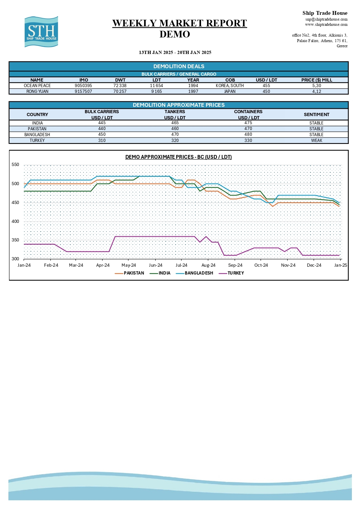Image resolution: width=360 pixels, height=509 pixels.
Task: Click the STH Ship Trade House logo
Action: pos(41,32)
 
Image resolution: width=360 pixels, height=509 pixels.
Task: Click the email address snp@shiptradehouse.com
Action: pos(326,19)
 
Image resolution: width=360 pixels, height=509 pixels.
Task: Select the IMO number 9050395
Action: pos(83,86)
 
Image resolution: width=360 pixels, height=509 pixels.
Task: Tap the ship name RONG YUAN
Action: pos(37,91)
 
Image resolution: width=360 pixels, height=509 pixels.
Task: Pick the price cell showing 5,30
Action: pos(316,86)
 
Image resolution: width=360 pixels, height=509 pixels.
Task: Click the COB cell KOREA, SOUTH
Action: pos(230,86)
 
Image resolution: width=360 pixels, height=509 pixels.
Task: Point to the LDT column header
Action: pos(157,80)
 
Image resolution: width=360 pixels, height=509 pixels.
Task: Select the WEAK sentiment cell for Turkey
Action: pos(316,140)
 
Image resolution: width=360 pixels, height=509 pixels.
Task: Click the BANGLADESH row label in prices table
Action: pos(37,135)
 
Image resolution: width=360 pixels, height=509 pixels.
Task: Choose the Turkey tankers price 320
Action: pos(175,140)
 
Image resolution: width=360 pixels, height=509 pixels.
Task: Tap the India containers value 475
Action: pos(248,123)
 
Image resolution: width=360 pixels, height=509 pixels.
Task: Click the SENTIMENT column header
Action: pos(316,115)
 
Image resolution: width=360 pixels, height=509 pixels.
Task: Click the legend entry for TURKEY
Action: pos(236,273)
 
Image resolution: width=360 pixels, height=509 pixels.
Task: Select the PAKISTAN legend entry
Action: pos(134,273)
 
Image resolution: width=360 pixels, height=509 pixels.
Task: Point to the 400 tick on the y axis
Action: pos(15,221)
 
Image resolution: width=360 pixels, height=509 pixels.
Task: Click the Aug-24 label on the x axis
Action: pos(208,265)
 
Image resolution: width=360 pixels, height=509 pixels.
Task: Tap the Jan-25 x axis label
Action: pos(341,265)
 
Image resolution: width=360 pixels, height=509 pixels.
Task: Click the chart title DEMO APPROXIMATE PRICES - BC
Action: pos(178,157)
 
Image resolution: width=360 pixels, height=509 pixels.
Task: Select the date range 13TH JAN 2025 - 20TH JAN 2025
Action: pos(175,53)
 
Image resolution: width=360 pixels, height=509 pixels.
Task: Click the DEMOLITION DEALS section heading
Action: pos(179,66)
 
